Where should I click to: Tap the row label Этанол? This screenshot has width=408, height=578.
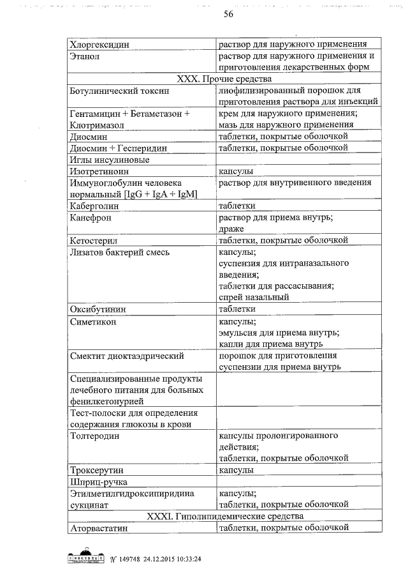coord(85,57)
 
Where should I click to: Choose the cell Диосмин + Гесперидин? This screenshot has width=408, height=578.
coord(119,148)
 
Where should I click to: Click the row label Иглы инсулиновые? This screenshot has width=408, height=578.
coord(110,160)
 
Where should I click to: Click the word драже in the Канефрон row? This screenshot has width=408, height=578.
coord(231,229)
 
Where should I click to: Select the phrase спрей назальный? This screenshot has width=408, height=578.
coord(254,297)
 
